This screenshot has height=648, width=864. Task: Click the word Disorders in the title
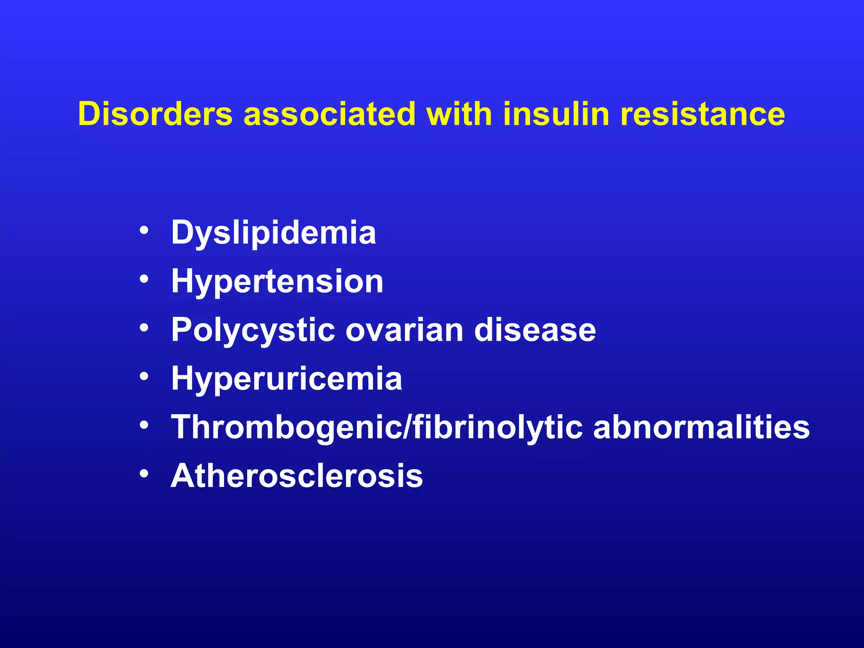[155, 114]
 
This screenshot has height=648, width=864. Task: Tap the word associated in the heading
[330, 114]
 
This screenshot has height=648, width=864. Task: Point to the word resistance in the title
[702, 114]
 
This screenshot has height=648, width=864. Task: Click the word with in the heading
[459, 114]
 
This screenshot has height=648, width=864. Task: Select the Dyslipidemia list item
[273, 233]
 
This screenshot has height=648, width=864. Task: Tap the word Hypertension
[277, 282]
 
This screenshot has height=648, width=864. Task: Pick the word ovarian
[405, 330]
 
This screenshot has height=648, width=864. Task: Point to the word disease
[535, 330]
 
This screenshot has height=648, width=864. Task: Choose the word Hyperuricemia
[286, 379]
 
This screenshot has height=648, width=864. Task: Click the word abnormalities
[701, 427]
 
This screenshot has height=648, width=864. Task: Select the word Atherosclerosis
[297, 476]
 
